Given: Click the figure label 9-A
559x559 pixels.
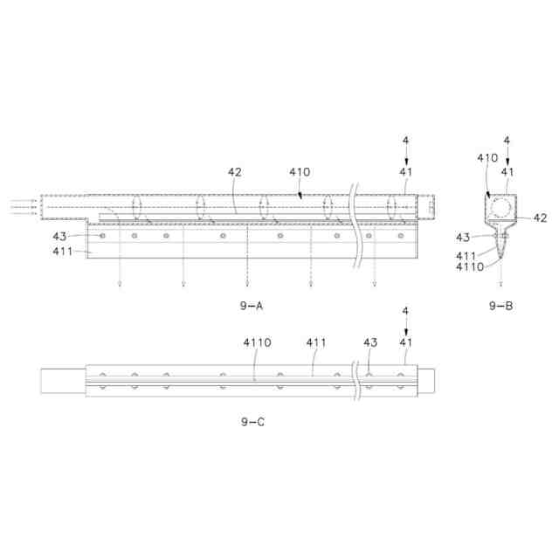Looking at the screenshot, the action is coord(252,306).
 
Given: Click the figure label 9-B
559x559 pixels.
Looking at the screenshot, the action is coord(500,306).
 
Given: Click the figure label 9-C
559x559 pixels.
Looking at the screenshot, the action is coord(252,422).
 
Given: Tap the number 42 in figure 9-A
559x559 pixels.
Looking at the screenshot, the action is coord(235,172).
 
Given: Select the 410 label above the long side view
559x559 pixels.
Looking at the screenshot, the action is coord(300,172).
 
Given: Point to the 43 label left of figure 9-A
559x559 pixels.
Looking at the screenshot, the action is coord(59,237).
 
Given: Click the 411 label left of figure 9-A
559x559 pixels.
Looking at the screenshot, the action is coord(63,252).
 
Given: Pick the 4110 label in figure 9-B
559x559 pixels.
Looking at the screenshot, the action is coord(470,266).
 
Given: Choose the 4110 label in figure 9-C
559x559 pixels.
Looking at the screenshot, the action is coord(257,342).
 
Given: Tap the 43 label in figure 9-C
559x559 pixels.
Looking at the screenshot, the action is coord(370,342).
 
